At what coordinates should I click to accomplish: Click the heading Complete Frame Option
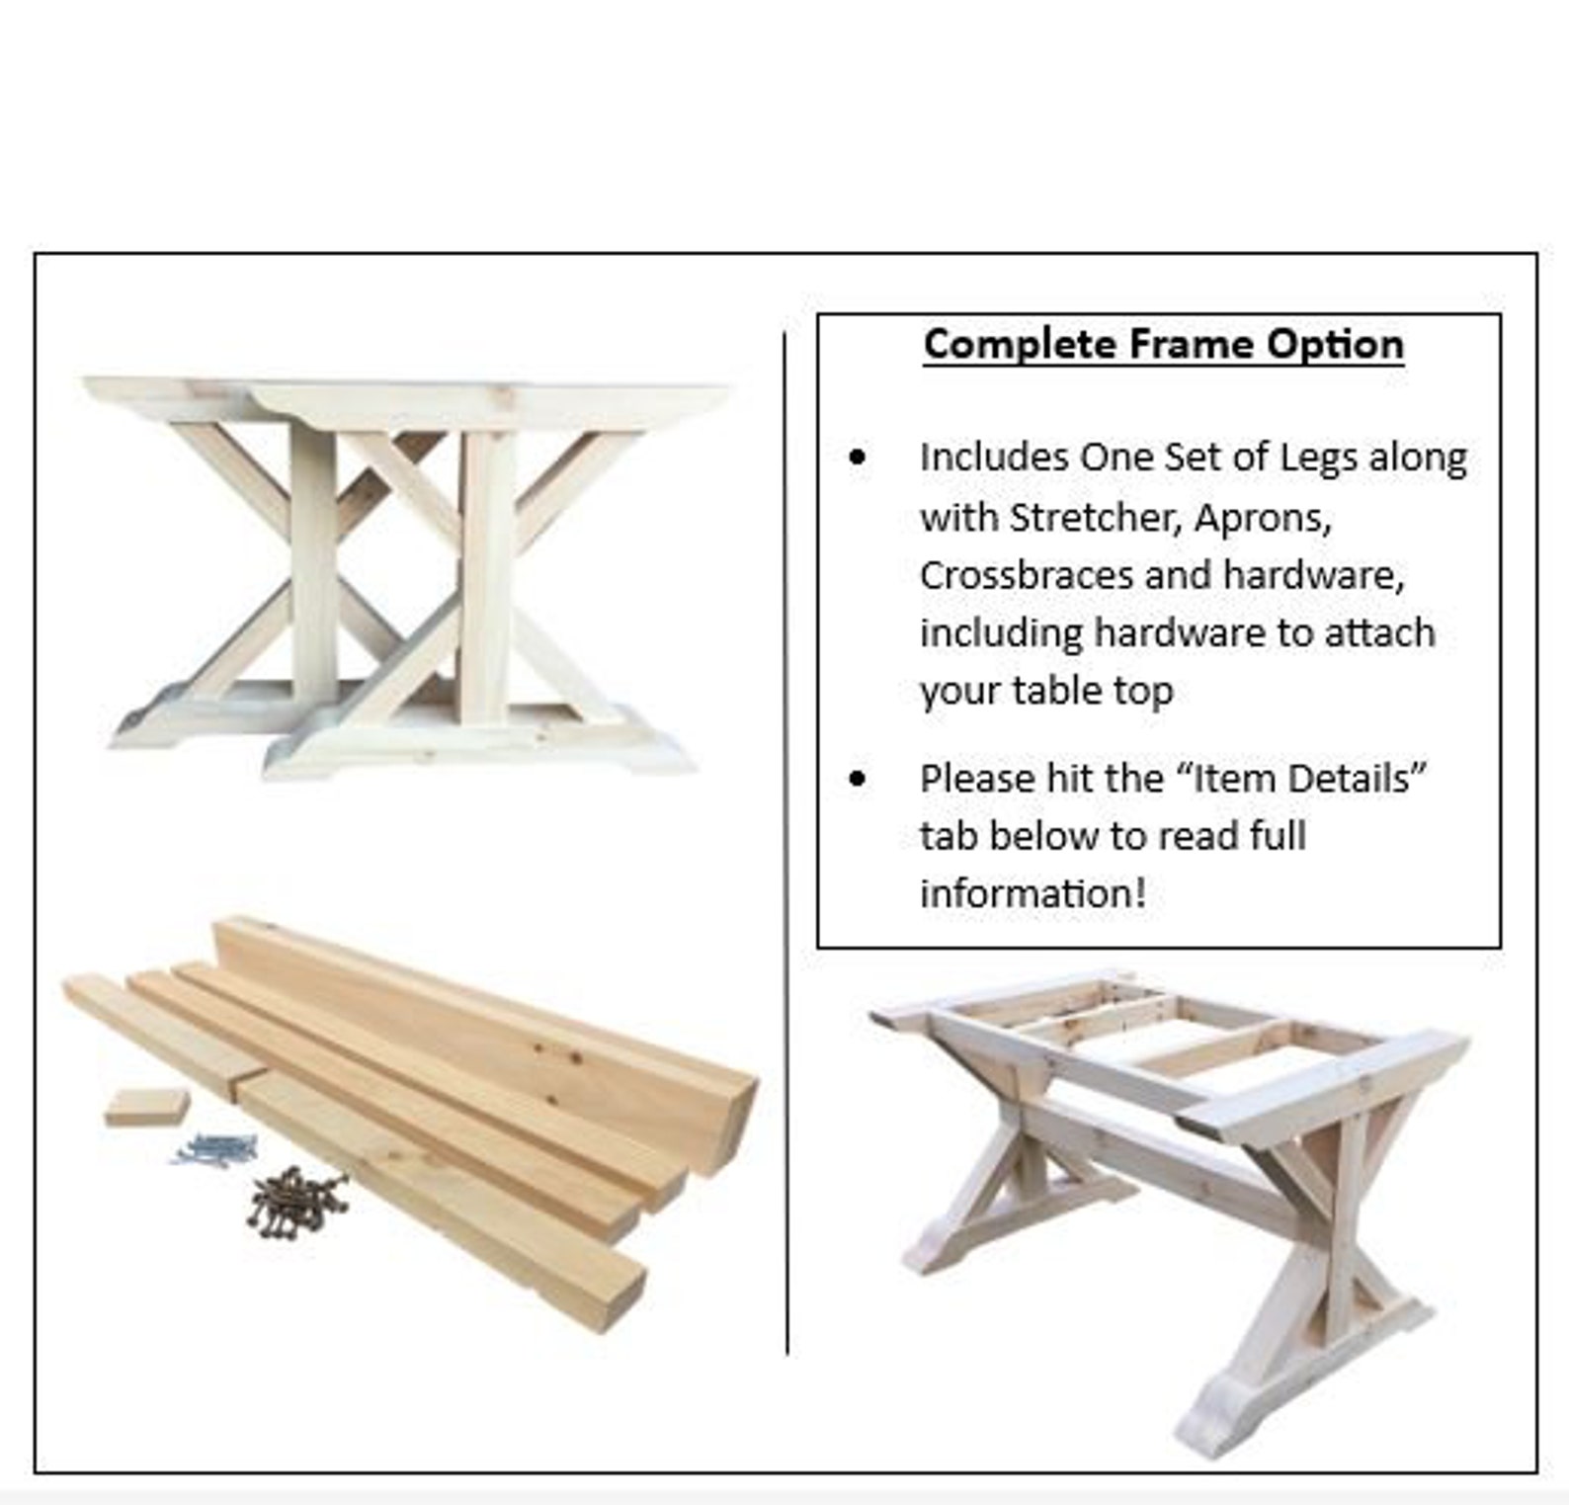1163,344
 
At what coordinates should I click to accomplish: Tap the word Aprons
1263,518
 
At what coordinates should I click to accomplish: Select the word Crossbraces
1026,575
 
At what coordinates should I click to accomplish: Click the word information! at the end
1032,893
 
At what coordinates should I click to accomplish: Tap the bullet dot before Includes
858,458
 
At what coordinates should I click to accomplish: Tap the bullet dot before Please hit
858,779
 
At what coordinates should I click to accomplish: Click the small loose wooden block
146,1107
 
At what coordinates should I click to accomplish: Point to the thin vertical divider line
786,840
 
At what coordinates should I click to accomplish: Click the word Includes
994,459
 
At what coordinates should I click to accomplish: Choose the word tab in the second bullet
948,836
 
